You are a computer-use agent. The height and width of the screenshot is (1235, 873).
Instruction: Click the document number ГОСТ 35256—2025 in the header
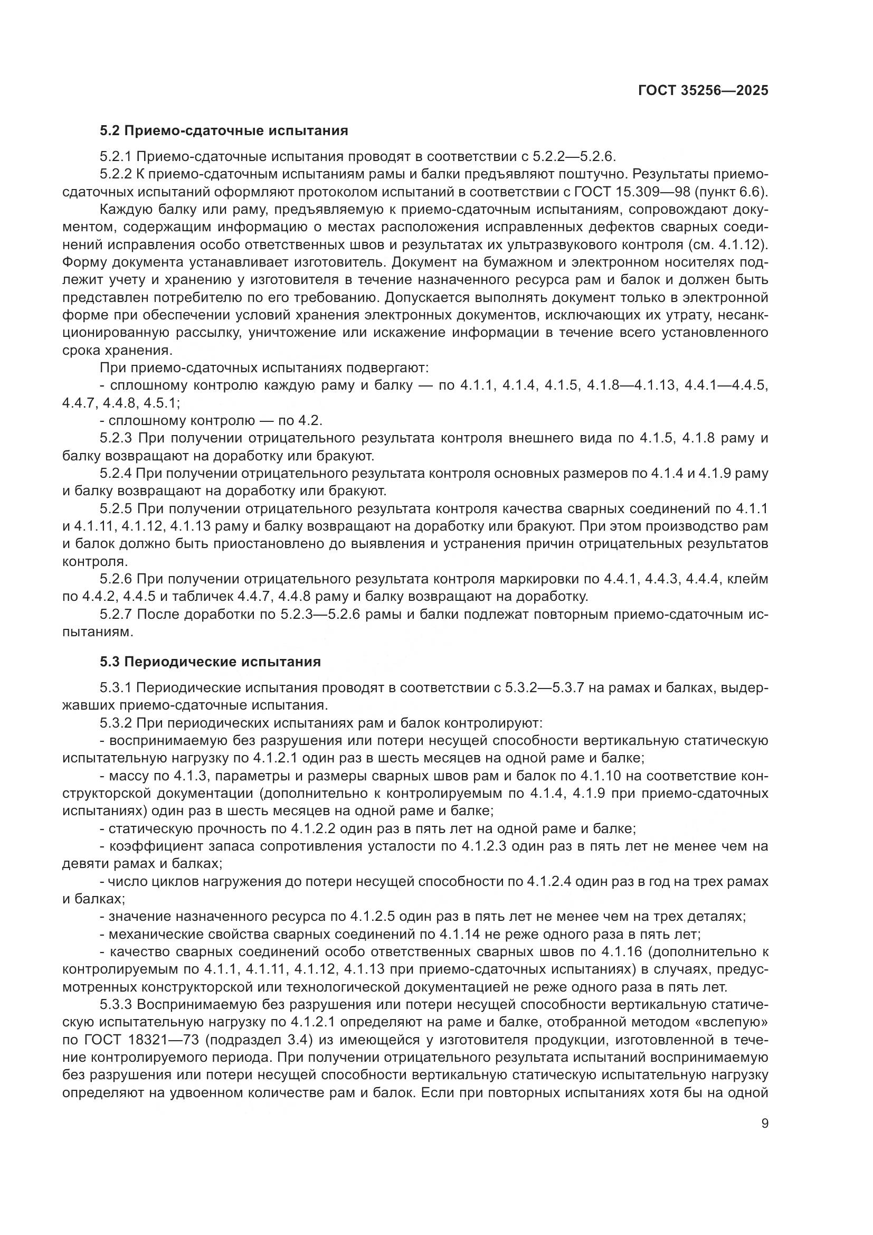[703, 91]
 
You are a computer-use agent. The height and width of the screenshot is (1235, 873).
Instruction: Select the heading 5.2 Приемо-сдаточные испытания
[224, 131]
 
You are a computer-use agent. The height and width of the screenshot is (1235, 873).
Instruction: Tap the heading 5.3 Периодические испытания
[210, 662]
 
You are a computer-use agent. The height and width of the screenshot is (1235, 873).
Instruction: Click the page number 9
[765, 1124]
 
